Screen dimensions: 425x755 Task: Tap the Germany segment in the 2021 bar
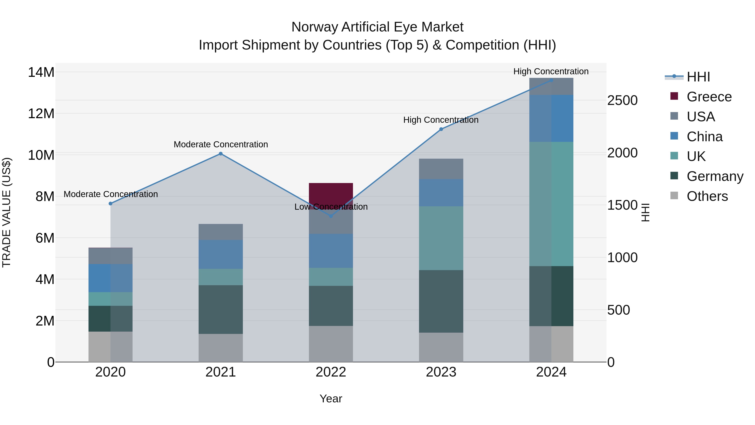pyautogui.click(x=220, y=309)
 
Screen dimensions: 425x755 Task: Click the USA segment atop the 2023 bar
pyautogui.click(x=441, y=169)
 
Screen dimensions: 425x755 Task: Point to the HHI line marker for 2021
pyautogui.click(x=221, y=154)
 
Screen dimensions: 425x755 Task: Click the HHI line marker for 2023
pyautogui.click(x=441, y=129)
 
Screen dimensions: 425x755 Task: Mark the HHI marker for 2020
pyautogui.click(x=111, y=204)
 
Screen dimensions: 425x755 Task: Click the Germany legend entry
pyautogui.click(x=715, y=176)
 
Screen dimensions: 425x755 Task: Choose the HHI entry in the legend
pyautogui.click(x=698, y=77)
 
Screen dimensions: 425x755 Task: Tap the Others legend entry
pyautogui.click(x=707, y=196)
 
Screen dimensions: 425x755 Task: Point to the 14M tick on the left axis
pyautogui.click(x=41, y=72)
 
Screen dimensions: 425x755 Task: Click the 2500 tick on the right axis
pyautogui.click(x=622, y=101)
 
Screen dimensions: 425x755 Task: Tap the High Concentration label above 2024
pyautogui.click(x=551, y=71)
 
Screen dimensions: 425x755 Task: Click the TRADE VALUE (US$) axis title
pyautogui.click(x=7, y=212)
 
